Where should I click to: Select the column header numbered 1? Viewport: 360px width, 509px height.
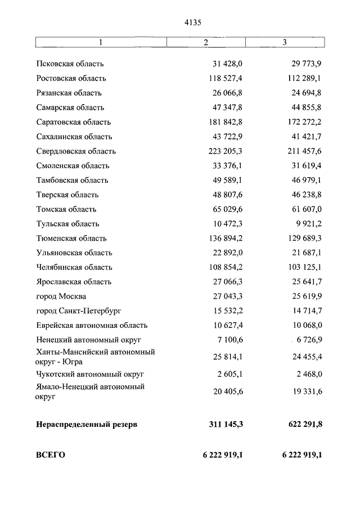click(101, 43)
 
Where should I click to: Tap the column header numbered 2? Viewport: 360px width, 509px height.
click(206, 43)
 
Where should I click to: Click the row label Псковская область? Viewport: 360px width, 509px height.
click(70, 64)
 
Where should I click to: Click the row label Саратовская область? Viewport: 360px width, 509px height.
click(73, 122)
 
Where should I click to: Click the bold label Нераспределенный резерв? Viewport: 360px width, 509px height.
click(86, 424)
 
